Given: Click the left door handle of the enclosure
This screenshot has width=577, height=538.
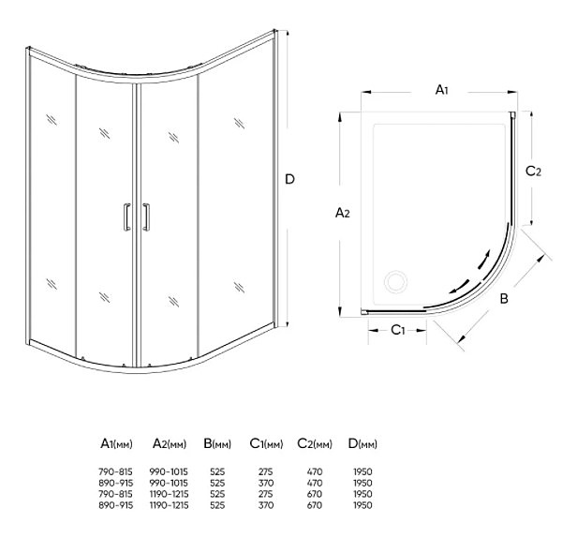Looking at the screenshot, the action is click(x=127, y=217).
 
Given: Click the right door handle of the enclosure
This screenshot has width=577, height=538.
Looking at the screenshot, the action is click(x=146, y=217).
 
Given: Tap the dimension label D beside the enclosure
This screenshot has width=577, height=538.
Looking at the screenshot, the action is click(x=290, y=179).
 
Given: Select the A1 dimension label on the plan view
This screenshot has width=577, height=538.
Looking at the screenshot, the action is click(x=441, y=89).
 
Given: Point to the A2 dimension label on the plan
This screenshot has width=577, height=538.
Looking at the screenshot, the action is click(x=342, y=213).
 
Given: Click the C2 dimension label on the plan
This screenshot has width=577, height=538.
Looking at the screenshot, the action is click(x=533, y=172).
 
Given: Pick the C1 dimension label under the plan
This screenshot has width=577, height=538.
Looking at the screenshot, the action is click(x=397, y=330).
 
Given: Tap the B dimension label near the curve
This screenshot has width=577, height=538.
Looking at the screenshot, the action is click(x=504, y=298).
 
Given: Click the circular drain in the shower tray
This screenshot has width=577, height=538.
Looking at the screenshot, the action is click(x=396, y=282).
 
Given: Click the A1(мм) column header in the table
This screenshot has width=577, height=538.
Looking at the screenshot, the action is click(x=116, y=443).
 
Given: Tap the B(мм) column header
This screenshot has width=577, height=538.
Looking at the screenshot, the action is click(x=217, y=443).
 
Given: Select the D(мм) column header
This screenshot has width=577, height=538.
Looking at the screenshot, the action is click(x=362, y=443).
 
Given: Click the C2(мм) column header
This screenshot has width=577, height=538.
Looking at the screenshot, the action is click(x=315, y=443).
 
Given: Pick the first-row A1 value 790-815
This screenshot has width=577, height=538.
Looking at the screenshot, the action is click(x=115, y=471).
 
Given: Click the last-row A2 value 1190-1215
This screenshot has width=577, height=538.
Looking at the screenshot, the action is click(x=169, y=505).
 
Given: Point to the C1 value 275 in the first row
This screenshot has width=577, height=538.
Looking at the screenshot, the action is click(x=266, y=471).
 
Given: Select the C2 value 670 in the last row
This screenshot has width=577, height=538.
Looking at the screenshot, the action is click(x=315, y=505).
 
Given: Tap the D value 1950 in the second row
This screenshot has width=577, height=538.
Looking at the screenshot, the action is click(x=362, y=483).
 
